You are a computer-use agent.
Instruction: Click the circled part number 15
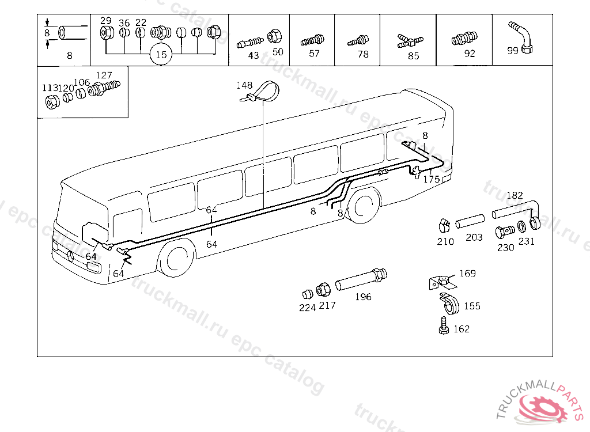(161, 55)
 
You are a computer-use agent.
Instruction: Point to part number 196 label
(363, 297)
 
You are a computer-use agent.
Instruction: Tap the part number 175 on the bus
(432, 179)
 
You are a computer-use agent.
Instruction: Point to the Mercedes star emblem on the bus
(70, 255)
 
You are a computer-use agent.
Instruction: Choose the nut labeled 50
(274, 36)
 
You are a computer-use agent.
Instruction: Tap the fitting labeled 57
(313, 41)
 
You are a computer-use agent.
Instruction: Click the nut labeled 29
(106, 32)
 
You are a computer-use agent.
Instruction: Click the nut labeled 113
(52, 103)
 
